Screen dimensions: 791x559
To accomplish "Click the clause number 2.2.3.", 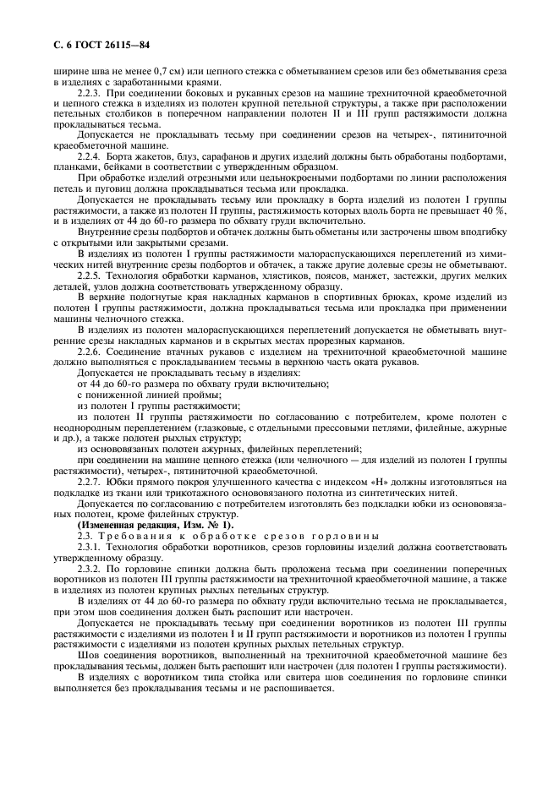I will (90, 90).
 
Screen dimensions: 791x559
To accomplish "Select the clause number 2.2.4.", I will (90, 156).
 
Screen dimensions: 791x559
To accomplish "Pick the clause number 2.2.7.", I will (90, 481).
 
